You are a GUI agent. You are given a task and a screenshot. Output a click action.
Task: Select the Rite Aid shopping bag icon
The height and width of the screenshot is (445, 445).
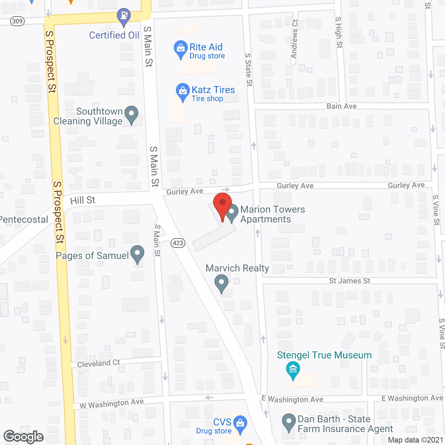(180, 49)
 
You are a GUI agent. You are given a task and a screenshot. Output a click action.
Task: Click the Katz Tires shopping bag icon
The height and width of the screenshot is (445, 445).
(183, 91)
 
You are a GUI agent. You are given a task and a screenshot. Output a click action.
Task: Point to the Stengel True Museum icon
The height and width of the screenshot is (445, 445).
(293, 370)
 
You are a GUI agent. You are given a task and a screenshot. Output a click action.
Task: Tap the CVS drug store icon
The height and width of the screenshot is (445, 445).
(240, 423)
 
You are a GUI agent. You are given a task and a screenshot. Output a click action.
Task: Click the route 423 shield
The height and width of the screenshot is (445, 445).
(178, 243)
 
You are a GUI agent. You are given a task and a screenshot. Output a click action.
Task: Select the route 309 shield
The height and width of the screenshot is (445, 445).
(17, 21)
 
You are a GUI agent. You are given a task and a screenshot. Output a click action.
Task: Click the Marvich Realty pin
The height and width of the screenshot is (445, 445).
(221, 283)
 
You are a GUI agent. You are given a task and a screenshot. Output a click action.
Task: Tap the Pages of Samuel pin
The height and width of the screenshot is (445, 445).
(137, 254)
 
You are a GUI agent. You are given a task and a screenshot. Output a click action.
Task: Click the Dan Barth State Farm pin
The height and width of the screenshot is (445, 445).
(289, 422)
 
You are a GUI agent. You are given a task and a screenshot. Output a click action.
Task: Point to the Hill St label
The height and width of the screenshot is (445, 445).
(83, 200)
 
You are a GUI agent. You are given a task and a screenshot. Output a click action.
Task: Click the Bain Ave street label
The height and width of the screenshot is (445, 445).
(341, 106)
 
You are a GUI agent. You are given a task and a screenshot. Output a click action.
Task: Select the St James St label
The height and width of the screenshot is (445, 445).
(349, 281)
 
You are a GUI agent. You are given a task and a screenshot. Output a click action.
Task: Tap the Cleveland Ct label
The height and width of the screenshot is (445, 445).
(98, 364)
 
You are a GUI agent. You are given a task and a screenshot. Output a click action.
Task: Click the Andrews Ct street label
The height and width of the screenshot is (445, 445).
(294, 39)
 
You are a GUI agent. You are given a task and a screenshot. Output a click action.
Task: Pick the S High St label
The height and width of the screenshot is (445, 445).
(339, 32)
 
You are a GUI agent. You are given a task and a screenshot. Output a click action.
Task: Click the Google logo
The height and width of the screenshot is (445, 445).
(23, 437)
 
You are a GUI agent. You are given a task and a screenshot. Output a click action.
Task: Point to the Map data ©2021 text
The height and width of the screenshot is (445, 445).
(415, 440)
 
